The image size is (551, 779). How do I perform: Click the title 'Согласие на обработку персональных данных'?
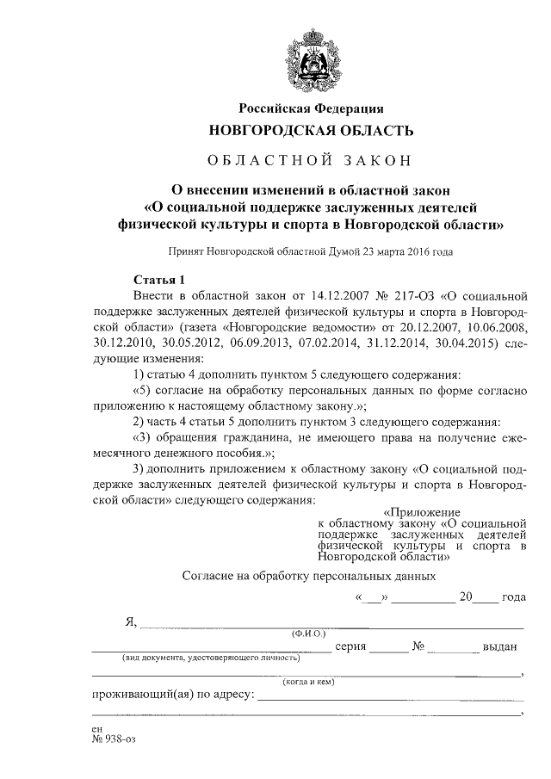[310, 576]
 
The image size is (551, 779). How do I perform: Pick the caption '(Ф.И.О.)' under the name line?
[309, 634]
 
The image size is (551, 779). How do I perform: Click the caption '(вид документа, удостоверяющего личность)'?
[197, 658]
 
